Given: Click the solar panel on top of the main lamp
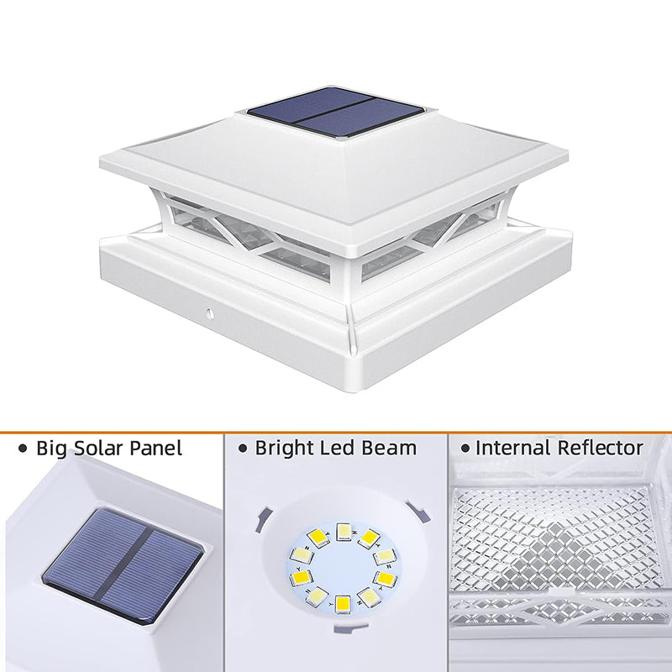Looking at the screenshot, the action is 335,113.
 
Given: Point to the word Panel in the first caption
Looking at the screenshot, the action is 156,449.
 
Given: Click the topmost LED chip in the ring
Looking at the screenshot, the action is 344,532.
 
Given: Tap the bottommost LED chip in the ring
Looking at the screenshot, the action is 343,603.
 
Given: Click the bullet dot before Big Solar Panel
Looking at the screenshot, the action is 23,449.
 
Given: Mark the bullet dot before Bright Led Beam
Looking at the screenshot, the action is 243,449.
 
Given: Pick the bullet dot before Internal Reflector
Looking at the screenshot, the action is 465,449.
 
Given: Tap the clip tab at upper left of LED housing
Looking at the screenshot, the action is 262,518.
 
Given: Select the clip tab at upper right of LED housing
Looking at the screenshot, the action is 418,512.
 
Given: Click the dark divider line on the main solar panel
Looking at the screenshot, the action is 334,113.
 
